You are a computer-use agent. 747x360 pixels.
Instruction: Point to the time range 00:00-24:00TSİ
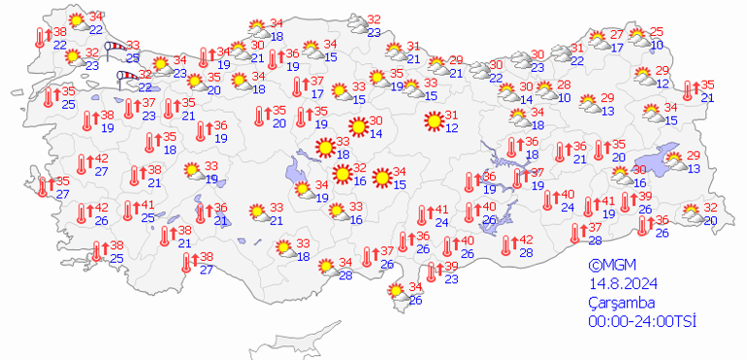[642, 321]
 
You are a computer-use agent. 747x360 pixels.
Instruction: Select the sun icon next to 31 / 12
[433, 121]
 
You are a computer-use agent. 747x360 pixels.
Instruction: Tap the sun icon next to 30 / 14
[358, 126]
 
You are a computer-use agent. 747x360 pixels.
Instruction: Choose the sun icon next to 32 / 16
[341, 174]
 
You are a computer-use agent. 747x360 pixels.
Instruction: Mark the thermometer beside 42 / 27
[81, 166]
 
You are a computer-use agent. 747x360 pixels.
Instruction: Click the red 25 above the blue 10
[657, 32]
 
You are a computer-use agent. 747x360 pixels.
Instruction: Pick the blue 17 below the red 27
[617, 46]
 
